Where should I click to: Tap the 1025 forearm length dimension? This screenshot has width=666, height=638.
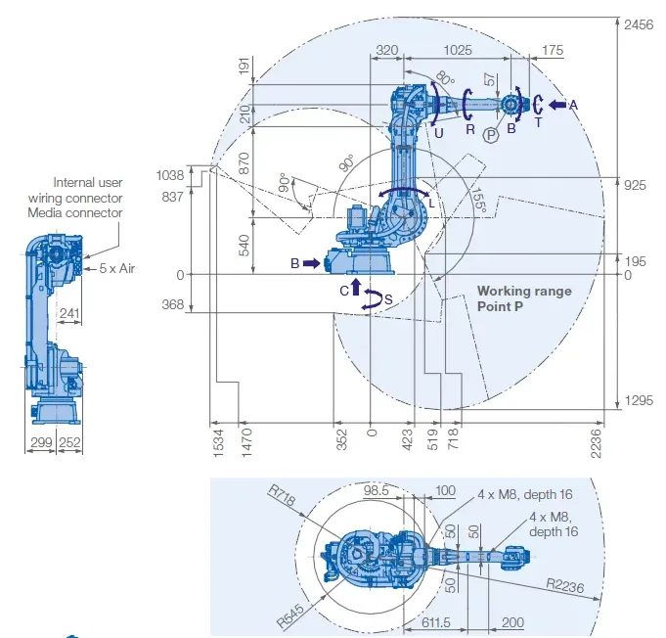[457, 49]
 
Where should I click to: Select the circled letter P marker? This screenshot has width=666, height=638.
[490, 135]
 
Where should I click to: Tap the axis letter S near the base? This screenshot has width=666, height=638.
[389, 298]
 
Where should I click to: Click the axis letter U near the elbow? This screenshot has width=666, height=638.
[439, 130]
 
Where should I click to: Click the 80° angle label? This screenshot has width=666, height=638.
[445, 78]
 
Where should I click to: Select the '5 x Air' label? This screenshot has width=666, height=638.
[115, 268]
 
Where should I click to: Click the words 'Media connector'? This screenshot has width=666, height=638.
[74, 212]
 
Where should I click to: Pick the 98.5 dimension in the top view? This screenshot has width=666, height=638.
[377, 489]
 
